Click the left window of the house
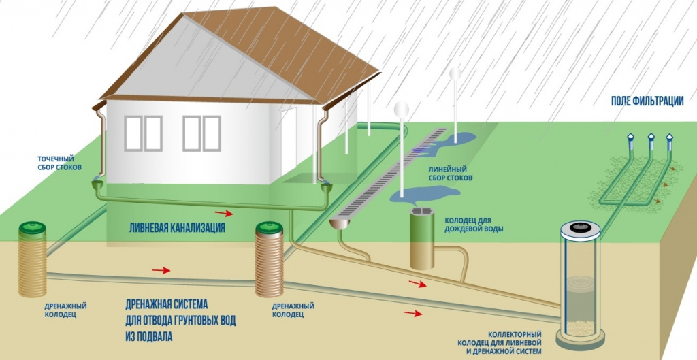(142, 133)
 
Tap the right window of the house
(201, 133)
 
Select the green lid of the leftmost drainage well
(31, 227)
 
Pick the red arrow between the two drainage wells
(161, 270)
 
